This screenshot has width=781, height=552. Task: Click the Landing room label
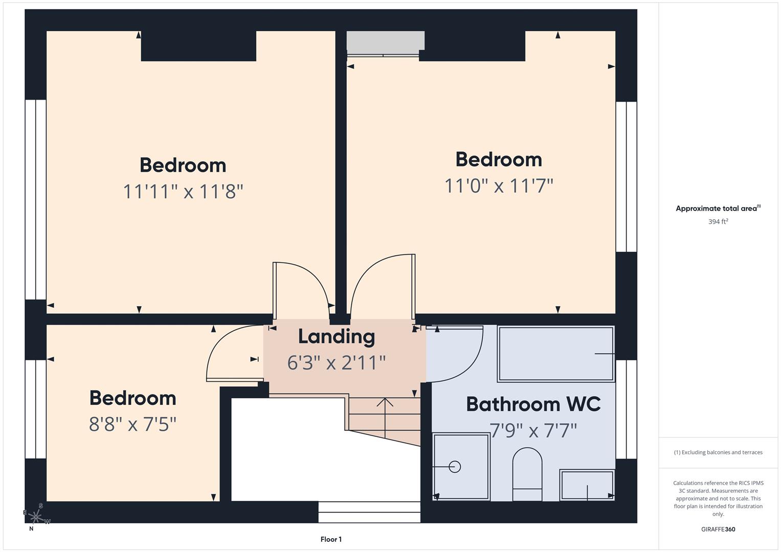coord(336,337)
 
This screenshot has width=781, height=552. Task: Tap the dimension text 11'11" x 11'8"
coord(183,192)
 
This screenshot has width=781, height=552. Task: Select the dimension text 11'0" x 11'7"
coord(499,186)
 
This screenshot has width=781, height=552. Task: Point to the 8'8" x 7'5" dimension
coord(132,424)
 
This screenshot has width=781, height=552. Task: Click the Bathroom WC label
coord(533,404)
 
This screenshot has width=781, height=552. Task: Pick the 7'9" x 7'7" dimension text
coord(533,431)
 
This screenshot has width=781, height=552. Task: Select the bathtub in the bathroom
coord(555,354)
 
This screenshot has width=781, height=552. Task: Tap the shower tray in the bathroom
coord(461,467)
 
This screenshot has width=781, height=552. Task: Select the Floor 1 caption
coord(331,539)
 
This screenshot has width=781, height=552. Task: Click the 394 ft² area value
coord(718,222)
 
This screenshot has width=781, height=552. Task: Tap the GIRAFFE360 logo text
coord(718,529)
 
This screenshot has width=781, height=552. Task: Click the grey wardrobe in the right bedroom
coord(385,41)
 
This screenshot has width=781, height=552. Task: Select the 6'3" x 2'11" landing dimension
coord(336,363)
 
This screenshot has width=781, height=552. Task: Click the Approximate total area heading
coord(718,209)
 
